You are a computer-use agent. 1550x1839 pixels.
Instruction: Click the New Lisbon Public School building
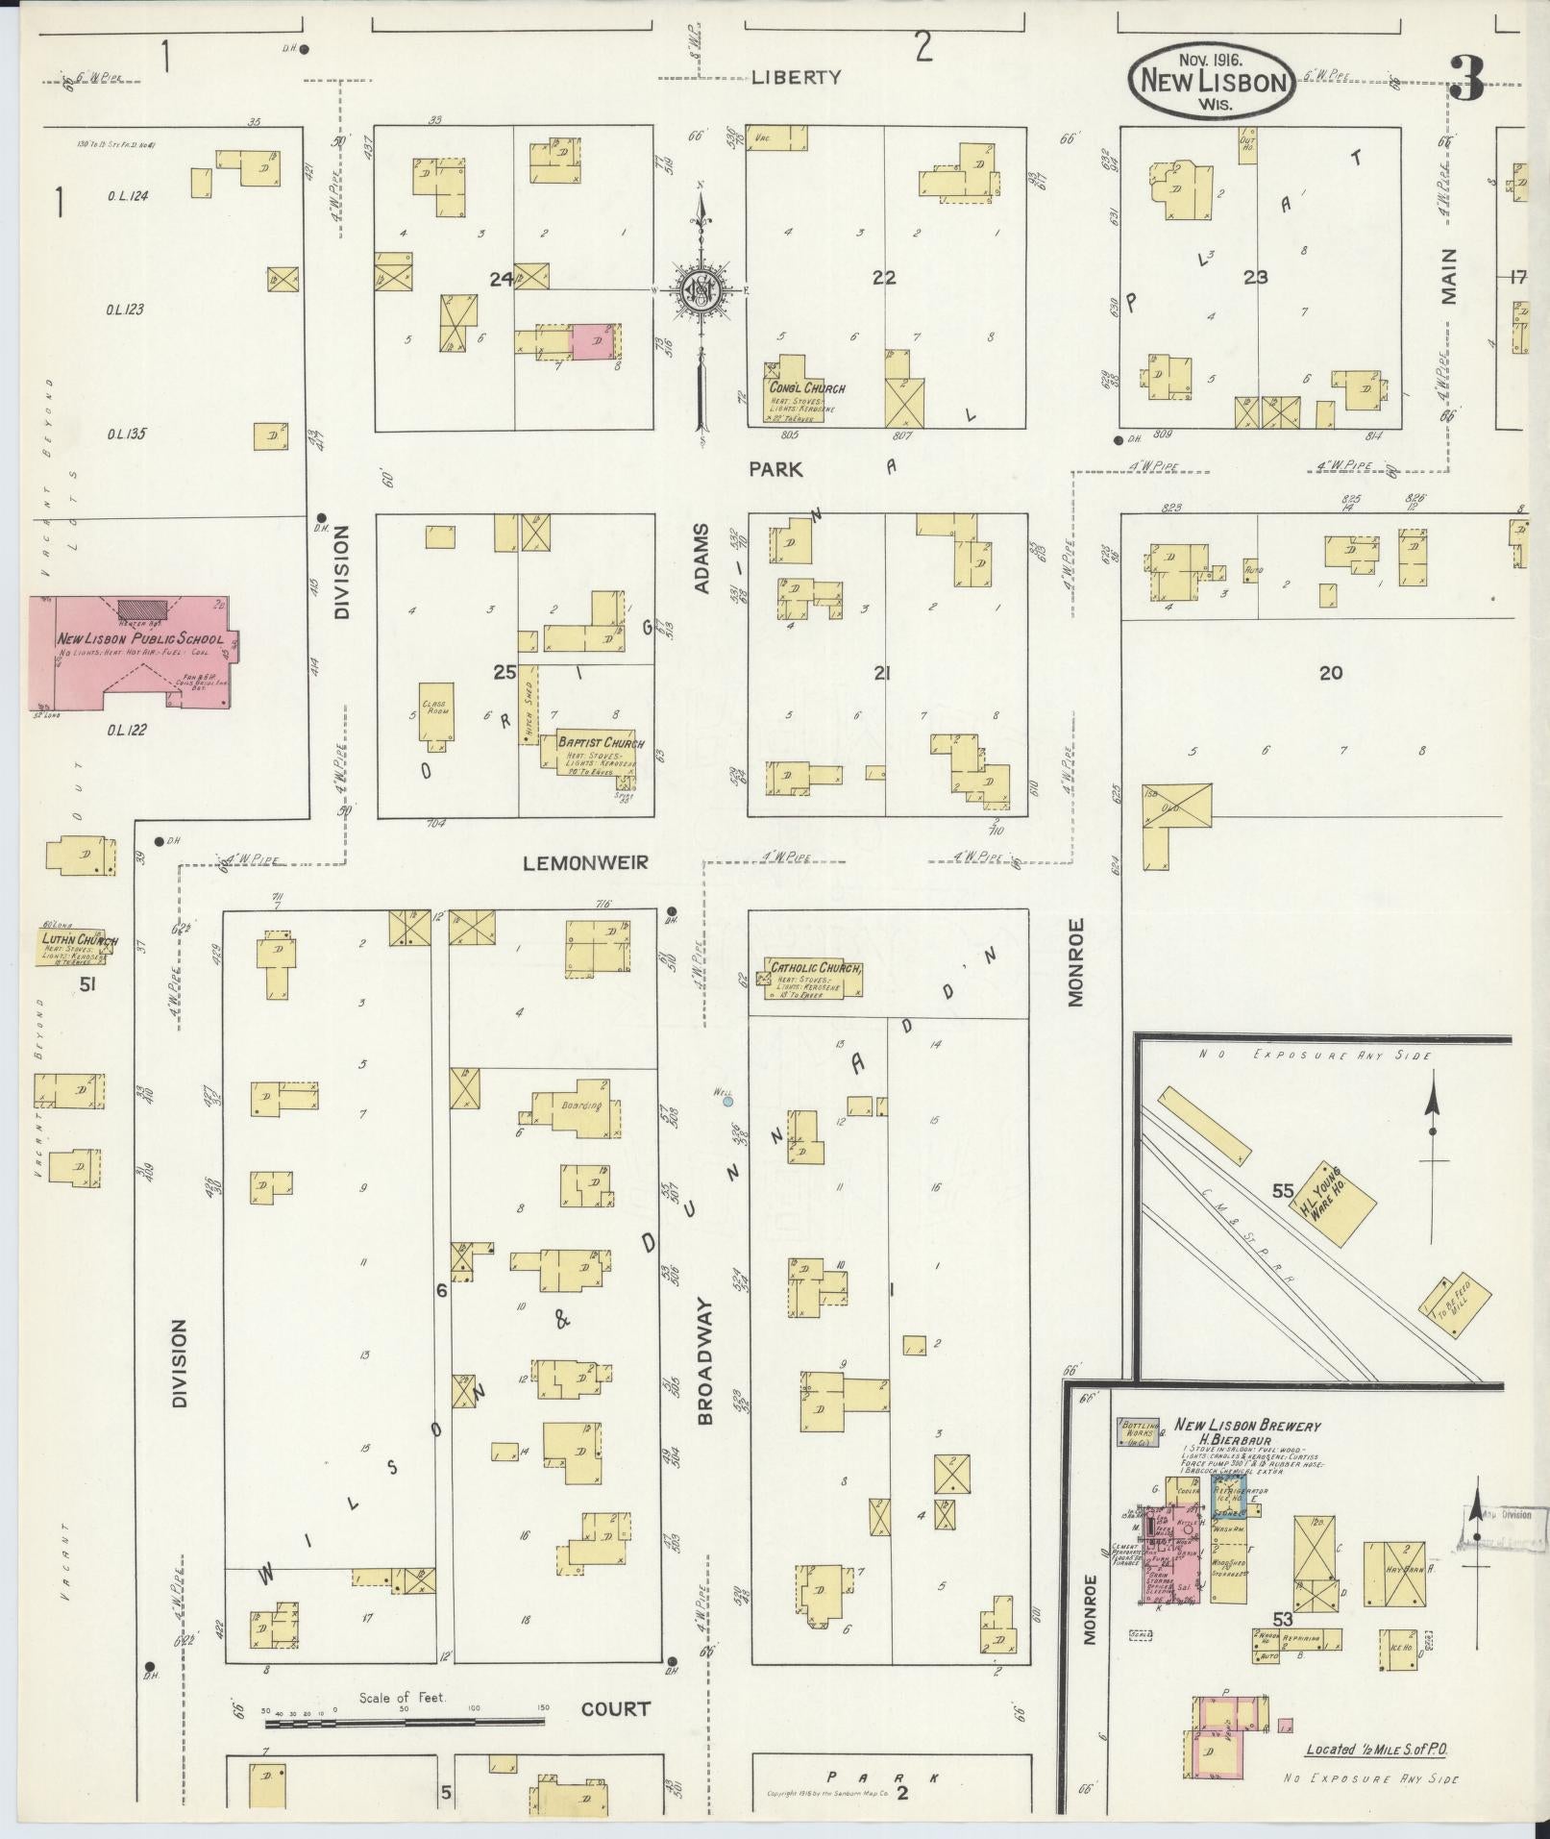click(x=130, y=654)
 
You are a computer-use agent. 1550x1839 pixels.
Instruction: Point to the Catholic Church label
click(x=813, y=969)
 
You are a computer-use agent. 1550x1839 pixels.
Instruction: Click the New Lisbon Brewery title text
click(x=1246, y=1427)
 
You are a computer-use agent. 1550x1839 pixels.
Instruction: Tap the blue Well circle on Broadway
click(x=728, y=1102)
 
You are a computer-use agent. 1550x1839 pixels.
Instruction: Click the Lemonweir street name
click(x=585, y=863)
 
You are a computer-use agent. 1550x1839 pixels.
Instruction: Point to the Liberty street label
click(x=796, y=78)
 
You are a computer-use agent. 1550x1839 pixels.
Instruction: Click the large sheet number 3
click(x=1466, y=79)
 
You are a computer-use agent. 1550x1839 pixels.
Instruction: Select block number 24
click(x=501, y=280)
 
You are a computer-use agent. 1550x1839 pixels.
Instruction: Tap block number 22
click(x=883, y=278)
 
